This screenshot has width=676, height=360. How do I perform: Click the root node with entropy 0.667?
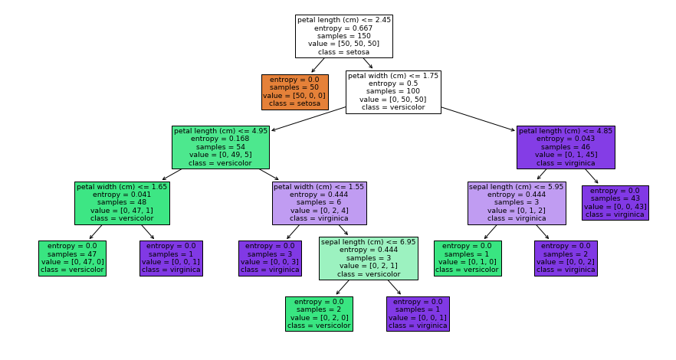coord(344,36)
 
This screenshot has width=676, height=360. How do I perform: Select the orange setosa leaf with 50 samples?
coord(295,92)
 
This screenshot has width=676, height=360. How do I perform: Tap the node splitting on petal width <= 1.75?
coord(393,92)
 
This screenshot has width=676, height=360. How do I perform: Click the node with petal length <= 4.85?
coord(566,147)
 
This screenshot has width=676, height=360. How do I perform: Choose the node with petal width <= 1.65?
coord(122,202)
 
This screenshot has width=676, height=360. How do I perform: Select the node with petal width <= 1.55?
coord(319,202)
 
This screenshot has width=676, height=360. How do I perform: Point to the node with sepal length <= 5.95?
coord(517,202)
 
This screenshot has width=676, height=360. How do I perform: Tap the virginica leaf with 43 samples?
coord(615,203)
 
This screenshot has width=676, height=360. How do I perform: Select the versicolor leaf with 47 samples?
coord(73,257)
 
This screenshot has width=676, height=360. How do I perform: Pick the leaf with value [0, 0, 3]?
coord(270,257)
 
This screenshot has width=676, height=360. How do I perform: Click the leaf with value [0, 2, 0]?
coord(319,313)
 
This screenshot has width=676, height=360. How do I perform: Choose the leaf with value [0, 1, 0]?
coord(468,257)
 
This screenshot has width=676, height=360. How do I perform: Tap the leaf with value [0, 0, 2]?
coord(566,257)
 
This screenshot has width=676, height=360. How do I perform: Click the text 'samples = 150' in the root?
coord(344,36)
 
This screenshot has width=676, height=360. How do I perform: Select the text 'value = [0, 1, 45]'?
coord(566,155)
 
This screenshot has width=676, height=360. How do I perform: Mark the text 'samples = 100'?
coord(393,91)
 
